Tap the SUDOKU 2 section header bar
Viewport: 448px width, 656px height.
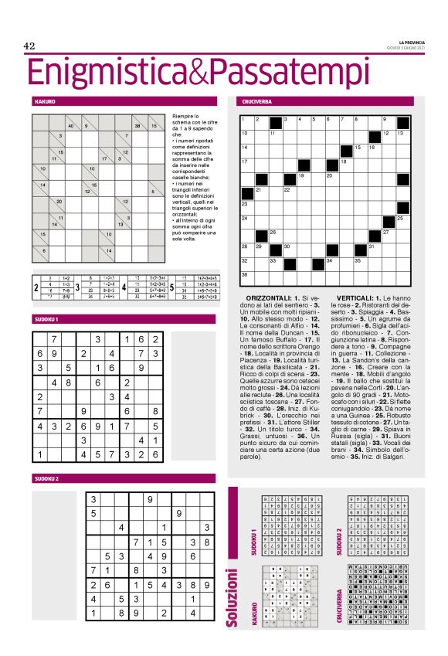(46, 479)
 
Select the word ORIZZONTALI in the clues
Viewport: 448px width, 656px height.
(273, 297)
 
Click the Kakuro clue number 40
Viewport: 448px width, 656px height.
(70, 126)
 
